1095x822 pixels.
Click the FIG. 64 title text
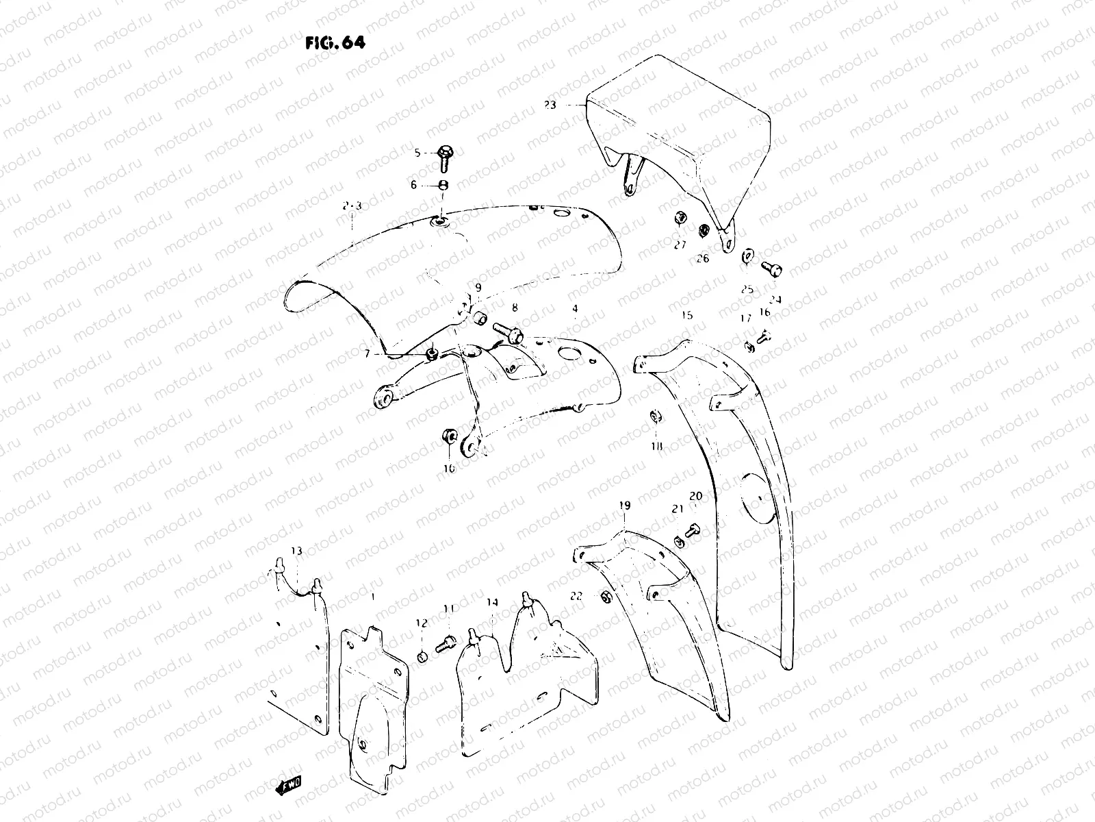pos(335,42)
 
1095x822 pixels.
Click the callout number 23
pos(550,105)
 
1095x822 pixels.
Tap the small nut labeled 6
pos(443,185)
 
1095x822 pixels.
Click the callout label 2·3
pos(352,205)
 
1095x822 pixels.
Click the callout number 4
pos(575,309)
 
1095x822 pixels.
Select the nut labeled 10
pos(450,436)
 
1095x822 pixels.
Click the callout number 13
pos(296,551)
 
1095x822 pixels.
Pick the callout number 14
pos(493,603)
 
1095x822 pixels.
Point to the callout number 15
pos(687,315)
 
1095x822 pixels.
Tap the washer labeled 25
pos(747,256)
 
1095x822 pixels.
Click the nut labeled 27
pos(680,219)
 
